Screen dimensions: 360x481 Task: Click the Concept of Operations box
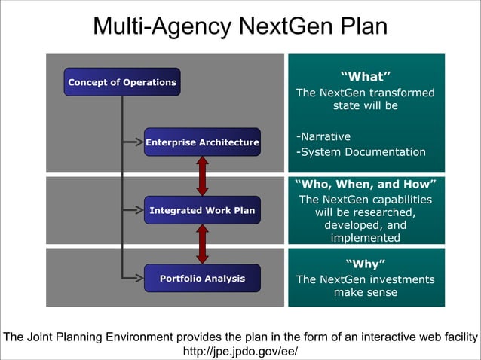tap(122, 82)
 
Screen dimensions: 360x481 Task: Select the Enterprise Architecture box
tap(202, 142)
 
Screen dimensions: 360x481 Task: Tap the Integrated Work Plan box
tap(202, 210)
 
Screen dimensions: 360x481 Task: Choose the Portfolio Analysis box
tap(202, 279)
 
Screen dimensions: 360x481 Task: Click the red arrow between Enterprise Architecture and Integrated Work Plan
tap(202, 176)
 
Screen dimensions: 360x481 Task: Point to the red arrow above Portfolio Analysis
tap(202, 245)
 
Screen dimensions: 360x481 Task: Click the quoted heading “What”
tap(366, 76)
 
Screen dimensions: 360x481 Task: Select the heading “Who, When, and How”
tap(366, 184)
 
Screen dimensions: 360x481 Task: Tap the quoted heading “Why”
tap(366, 264)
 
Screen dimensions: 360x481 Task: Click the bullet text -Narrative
tap(323, 137)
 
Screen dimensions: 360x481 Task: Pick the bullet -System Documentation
tap(361, 152)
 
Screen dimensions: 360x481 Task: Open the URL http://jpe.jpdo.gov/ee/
tap(240, 351)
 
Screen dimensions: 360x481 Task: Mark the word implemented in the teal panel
tap(366, 238)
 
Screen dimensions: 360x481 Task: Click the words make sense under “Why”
tap(366, 292)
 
